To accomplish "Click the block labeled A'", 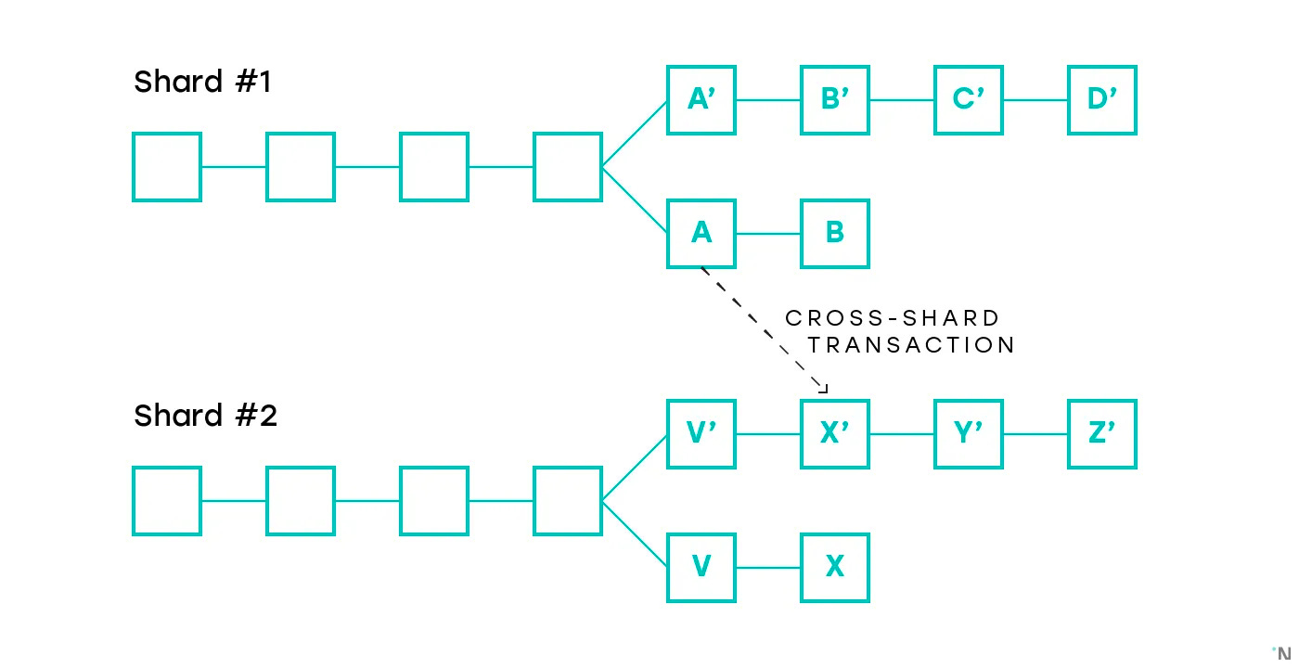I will pyautogui.click(x=701, y=100).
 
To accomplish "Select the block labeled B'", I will pyautogui.click(x=835, y=100).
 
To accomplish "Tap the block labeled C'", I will pyautogui.click(x=969, y=100).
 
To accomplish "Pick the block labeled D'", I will pyautogui.click(x=1102, y=100).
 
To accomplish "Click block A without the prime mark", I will pyautogui.click(x=701, y=234).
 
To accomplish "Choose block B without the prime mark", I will pyautogui.click(x=835, y=234).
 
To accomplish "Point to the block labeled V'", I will pyautogui.click(x=701, y=434).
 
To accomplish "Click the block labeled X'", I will pyautogui.click(x=835, y=434).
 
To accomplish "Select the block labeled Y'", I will pyautogui.click(x=969, y=434).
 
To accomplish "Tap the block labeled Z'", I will pyautogui.click(x=1102, y=434).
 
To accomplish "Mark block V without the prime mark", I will pyautogui.click(x=701, y=568).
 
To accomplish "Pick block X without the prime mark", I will pyautogui.click(x=835, y=568).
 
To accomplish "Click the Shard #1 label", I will pyautogui.click(x=202, y=83).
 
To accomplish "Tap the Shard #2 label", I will pyautogui.click(x=205, y=416).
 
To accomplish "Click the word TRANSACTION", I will pyautogui.click(x=911, y=345).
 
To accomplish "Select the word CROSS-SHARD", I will pyautogui.click(x=893, y=318).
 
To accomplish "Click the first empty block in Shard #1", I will pyautogui.click(x=167, y=167).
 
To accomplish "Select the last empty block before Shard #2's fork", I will pyautogui.click(x=568, y=501).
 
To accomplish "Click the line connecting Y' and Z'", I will pyautogui.click(x=1035, y=434).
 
